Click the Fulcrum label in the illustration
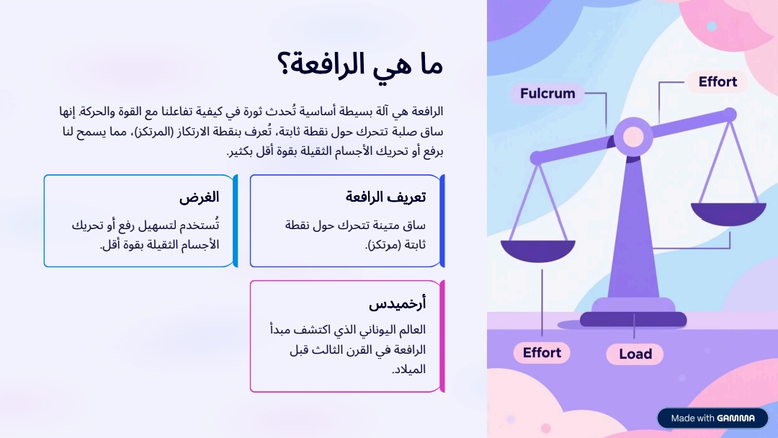click(x=547, y=93)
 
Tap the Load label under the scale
click(x=635, y=354)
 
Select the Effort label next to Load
click(x=542, y=353)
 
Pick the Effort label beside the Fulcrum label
click(x=717, y=82)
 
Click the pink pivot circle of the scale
click(x=633, y=137)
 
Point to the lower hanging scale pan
click(x=538, y=251)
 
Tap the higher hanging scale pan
click(x=728, y=213)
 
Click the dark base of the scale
click(x=633, y=319)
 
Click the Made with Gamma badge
click(x=712, y=418)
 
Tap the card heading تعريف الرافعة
click(x=385, y=197)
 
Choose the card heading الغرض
click(x=199, y=197)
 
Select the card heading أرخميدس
click(x=397, y=303)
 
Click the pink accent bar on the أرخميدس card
click(x=442, y=336)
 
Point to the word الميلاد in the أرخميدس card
click(x=410, y=370)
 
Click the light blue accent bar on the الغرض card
click(x=236, y=220)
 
